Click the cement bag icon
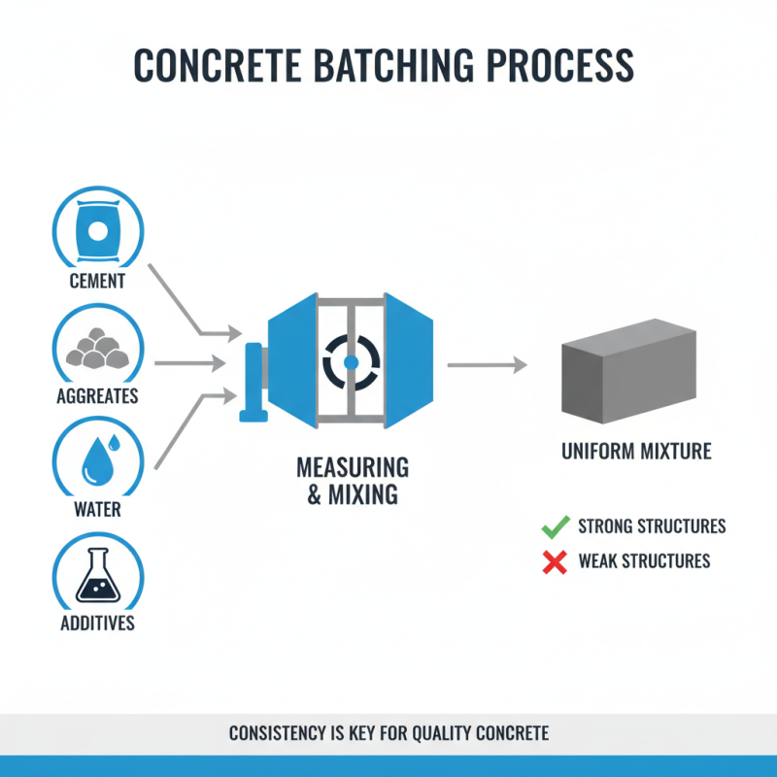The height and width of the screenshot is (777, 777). [97, 229]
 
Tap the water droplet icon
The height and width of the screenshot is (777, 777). [97, 458]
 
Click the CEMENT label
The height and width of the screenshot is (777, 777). [97, 282]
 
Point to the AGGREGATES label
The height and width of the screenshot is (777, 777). [97, 396]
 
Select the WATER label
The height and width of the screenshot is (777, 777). [97, 509]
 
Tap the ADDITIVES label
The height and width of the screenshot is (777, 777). [97, 623]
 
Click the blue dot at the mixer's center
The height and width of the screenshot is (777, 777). [352, 361]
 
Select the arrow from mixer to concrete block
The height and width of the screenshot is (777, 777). [486, 365]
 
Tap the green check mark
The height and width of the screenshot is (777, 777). [555, 527]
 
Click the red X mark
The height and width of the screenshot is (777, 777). [555, 561]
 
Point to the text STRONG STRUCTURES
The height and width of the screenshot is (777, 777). [652, 526]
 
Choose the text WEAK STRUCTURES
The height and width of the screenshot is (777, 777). [644, 560]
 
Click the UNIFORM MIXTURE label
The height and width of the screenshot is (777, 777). [636, 452]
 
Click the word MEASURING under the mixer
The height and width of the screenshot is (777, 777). [353, 467]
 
